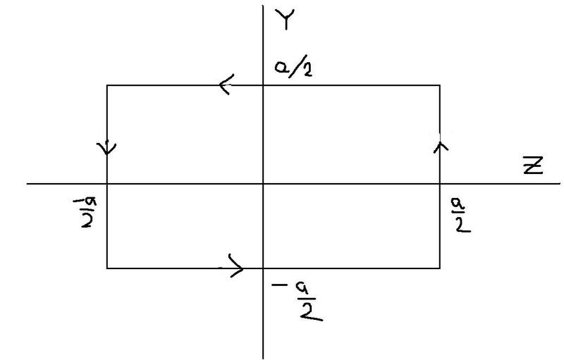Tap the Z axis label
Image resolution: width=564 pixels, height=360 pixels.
[533, 166]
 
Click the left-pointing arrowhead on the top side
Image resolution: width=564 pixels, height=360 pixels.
[226, 86]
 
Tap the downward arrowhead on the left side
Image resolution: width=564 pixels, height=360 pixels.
[107, 148]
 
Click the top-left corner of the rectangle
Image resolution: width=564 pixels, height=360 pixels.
[107, 86]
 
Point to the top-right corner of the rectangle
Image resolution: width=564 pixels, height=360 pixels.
[440, 86]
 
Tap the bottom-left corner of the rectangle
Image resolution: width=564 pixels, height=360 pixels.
[107, 268]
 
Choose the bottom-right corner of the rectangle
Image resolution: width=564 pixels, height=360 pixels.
[440, 268]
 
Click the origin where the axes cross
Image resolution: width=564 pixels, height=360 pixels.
[263, 184]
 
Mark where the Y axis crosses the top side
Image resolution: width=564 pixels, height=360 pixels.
[263, 86]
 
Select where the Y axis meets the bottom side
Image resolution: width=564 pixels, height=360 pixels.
[263, 268]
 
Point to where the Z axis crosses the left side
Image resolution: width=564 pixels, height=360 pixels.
[107, 184]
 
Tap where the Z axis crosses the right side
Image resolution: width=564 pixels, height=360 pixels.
[440, 184]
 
